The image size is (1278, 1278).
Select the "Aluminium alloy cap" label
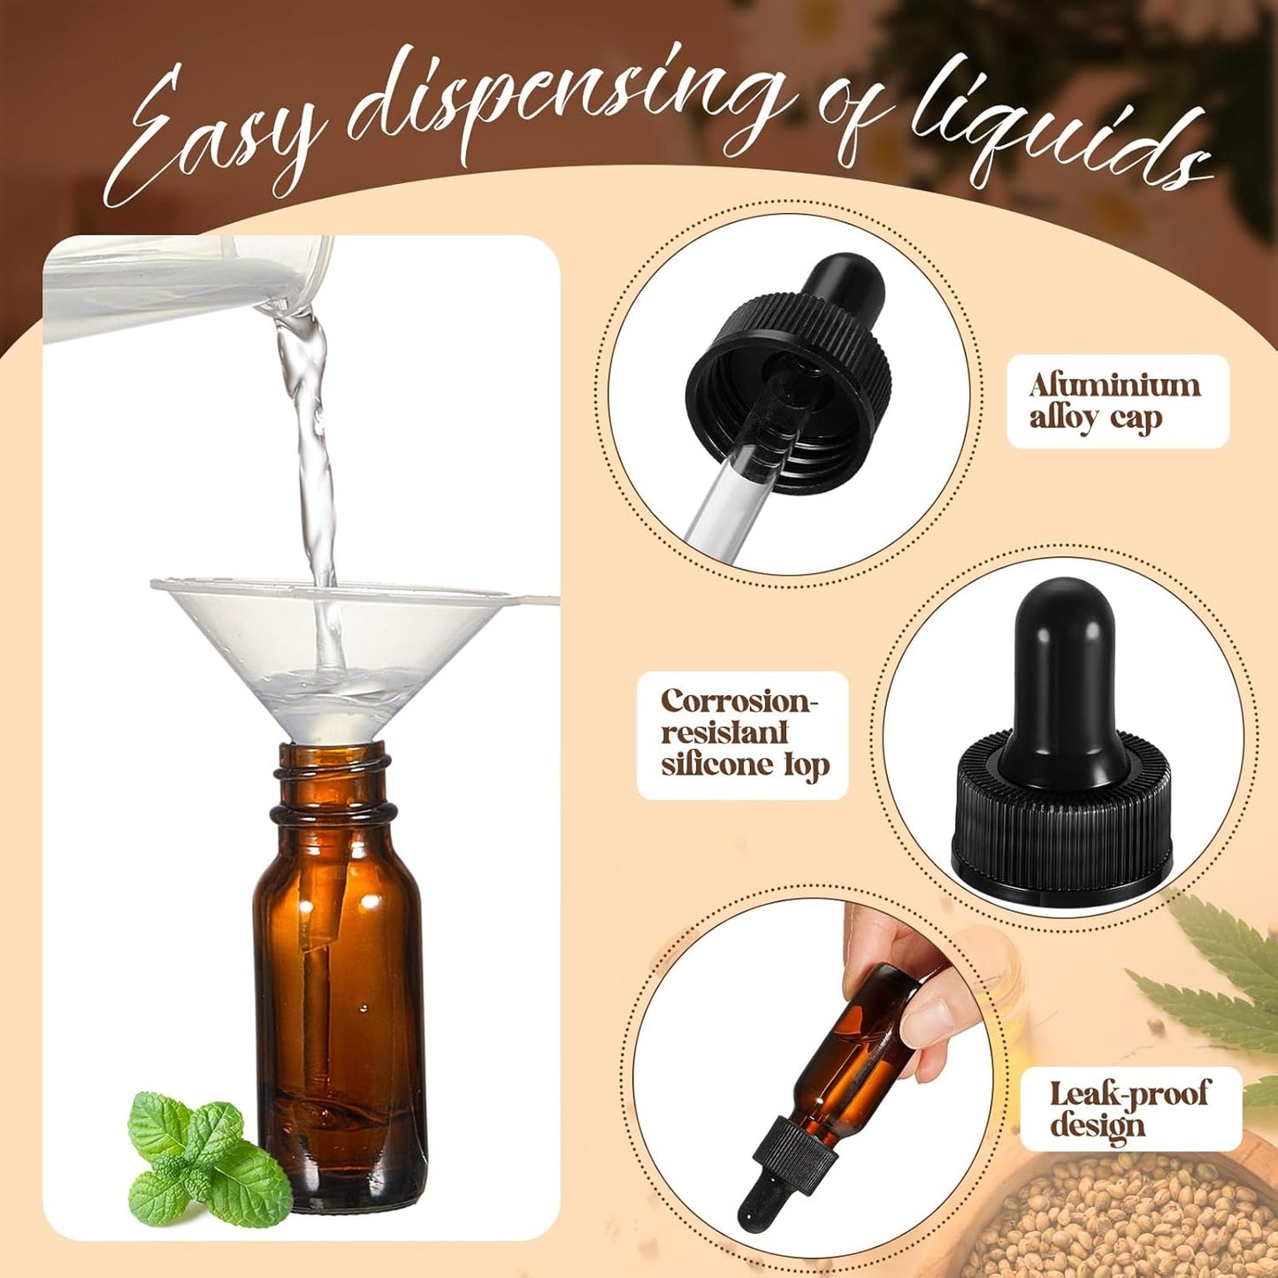pyautogui.click(x=1117, y=401)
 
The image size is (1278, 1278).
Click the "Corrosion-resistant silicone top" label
pyautogui.click(x=743, y=735)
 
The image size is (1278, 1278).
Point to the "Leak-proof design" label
pyautogui.click(x=1129, y=1109)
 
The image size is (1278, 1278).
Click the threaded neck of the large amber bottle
pyautogui.click(x=333, y=783)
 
